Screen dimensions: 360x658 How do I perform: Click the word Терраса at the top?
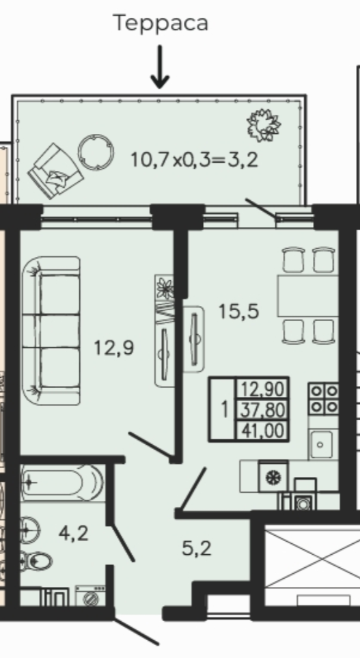pos(161,23)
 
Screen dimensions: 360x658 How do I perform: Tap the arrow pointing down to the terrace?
pos(159,67)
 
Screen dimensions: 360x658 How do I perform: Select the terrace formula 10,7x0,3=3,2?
pos(194,159)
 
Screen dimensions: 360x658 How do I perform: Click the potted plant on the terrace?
pos(264,125)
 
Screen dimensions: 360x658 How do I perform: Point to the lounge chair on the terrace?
pos(55,171)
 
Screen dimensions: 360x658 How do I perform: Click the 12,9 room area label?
pos(113,348)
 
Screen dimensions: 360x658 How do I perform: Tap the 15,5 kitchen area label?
pos(238,312)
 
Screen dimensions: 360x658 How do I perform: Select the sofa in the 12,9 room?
pos(51,331)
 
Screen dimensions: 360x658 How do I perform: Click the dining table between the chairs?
pos(307,295)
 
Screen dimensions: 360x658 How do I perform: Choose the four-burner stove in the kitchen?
pos(324,398)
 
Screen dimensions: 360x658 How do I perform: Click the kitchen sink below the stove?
pos(320,444)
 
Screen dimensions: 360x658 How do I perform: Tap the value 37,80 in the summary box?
pos(263,409)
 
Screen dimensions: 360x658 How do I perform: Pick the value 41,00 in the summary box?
pos(263,431)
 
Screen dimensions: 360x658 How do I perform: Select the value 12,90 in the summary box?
pos(263,389)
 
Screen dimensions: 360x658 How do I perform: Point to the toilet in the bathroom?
pos(36,562)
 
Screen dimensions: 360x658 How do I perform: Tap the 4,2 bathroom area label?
pos(73,534)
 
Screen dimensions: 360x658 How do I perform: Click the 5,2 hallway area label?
pos(196,549)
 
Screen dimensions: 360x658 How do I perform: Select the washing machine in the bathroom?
pos(91,596)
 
